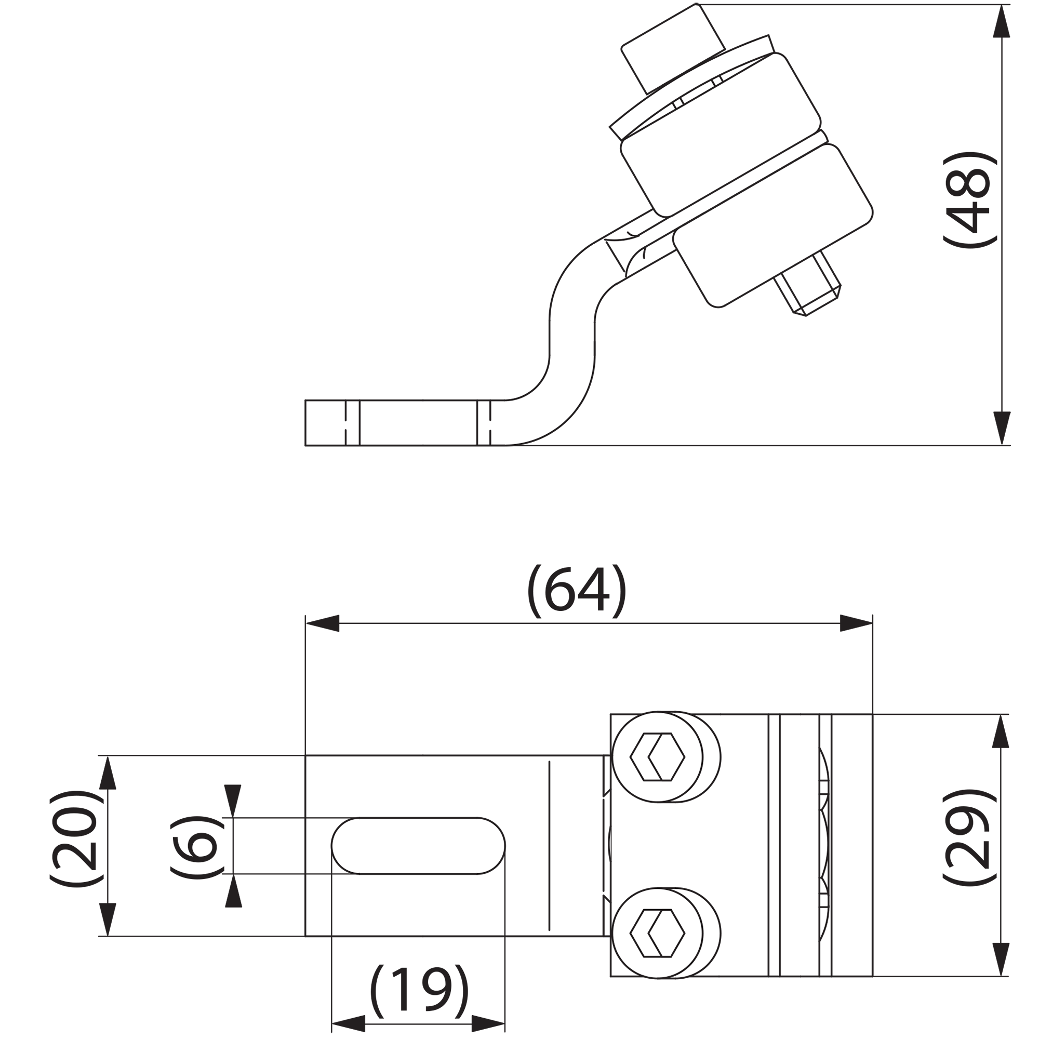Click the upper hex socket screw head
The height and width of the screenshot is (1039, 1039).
point(657,757)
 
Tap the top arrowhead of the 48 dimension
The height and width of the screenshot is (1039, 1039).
point(1001,21)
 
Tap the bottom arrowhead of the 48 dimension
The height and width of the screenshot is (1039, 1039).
point(1001,428)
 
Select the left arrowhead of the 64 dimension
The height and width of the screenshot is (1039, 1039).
point(323,623)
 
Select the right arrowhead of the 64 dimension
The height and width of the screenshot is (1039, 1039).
point(856,623)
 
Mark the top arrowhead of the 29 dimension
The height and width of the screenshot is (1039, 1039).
point(1001,731)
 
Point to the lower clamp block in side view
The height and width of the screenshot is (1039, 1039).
point(772,226)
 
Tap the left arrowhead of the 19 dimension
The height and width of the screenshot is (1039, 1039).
point(349,1023)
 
